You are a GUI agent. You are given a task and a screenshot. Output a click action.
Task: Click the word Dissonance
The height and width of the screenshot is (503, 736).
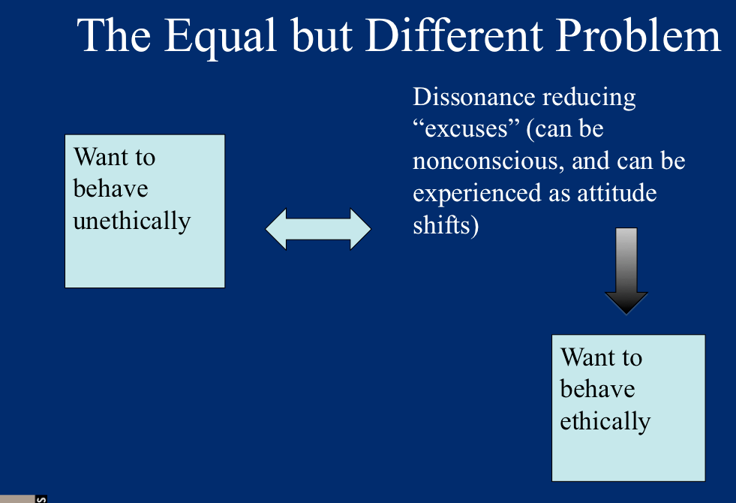coord(474,97)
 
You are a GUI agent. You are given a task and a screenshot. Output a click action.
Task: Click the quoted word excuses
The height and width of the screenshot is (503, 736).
coord(467,128)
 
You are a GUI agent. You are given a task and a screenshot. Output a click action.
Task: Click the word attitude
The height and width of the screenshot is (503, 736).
coord(617,192)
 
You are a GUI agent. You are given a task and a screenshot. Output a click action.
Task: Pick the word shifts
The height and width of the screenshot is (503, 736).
coord(446,225)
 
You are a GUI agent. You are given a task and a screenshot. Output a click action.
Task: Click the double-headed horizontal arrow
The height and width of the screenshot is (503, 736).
coord(318,229)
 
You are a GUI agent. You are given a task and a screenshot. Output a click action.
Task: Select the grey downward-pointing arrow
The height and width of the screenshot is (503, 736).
coord(626,271)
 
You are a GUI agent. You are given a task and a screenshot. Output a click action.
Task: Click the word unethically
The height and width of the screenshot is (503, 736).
coord(132,221)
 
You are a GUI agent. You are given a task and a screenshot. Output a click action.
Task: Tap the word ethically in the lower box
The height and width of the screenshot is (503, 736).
coord(605,421)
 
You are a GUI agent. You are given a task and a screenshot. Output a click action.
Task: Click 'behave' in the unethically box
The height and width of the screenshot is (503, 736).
coord(111,188)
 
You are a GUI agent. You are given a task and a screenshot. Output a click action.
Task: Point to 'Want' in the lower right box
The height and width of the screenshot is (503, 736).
coord(588,357)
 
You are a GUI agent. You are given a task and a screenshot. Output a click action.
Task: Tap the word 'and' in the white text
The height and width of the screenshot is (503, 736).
coord(590,161)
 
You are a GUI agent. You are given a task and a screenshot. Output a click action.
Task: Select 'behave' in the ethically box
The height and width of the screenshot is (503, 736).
coord(597,390)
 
